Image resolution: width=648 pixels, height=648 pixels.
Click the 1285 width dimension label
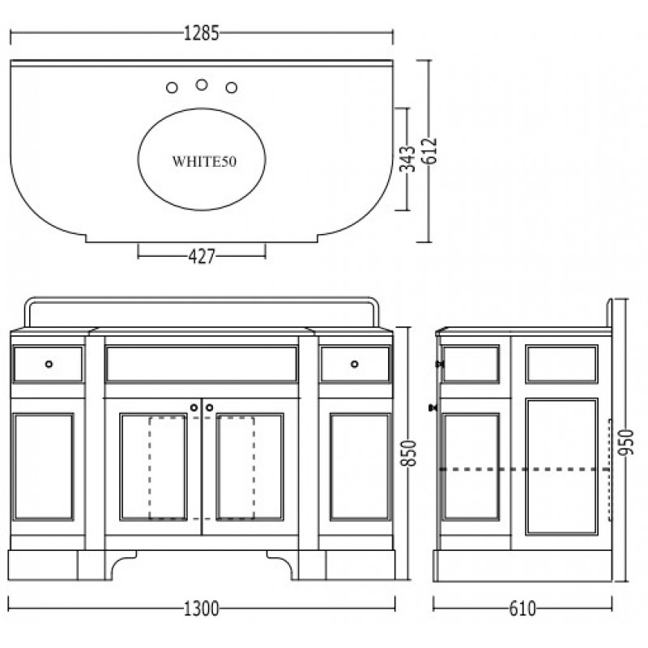pyautogui.click(x=201, y=33)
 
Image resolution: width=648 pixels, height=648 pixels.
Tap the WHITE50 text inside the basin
pyautogui.click(x=204, y=161)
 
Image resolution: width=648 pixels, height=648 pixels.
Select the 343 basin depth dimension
pyautogui.click(x=407, y=158)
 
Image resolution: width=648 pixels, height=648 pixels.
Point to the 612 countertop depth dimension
pyautogui.click(x=430, y=151)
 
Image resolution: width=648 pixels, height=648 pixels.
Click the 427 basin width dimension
pyautogui.click(x=202, y=256)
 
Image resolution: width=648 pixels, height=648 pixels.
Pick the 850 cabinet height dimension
pyautogui.click(x=409, y=453)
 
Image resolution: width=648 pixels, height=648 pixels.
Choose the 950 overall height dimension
pyautogui.click(x=625, y=442)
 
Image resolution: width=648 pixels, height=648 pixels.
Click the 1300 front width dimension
pyautogui.click(x=201, y=609)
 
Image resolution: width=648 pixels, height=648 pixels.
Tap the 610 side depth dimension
pyautogui.click(x=522, y=609)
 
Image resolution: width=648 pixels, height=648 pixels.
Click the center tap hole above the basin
pyautogui.click(x=202, y=85)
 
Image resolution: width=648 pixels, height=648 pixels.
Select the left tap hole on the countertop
pyautogui.click(x=172, y=87)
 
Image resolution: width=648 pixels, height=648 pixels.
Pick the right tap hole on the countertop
pyautogui.click(x=232, y=87)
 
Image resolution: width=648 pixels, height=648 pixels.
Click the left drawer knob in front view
pyautogui.click(x=49, y=364)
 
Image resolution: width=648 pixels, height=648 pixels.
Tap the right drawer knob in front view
pyautogui.click(x=355, y=364)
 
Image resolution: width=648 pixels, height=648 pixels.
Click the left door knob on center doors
pyautogui.click(x=194, y=408)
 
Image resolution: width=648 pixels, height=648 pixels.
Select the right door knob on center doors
pyautogui.click(x=210, y=408)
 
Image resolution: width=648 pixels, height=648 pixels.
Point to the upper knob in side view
pyautogui.click(x=440, y=364)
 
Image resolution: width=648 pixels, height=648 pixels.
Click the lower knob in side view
pyautogui.click(x=433, y=408)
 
